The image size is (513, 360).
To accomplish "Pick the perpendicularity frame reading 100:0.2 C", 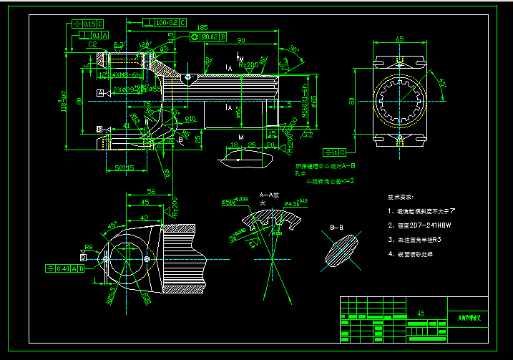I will [x=166, y=23].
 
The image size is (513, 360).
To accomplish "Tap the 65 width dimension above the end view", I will [x=399, y=39].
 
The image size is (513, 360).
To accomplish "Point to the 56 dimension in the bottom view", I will [x=150, y=192].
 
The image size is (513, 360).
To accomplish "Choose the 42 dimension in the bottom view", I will [x=144, y=218].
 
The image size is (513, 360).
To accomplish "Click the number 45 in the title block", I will [x=420, y=313].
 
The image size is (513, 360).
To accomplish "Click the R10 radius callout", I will [x=190, y=119].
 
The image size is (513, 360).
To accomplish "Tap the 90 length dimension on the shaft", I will [x=240, y=40].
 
